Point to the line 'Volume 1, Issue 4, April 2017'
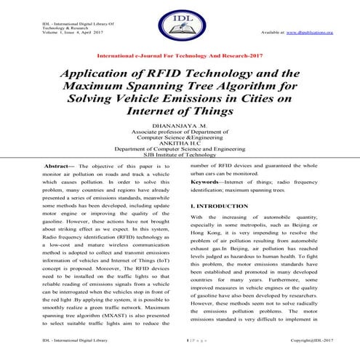pos(71,33)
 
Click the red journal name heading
pos(180,55)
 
